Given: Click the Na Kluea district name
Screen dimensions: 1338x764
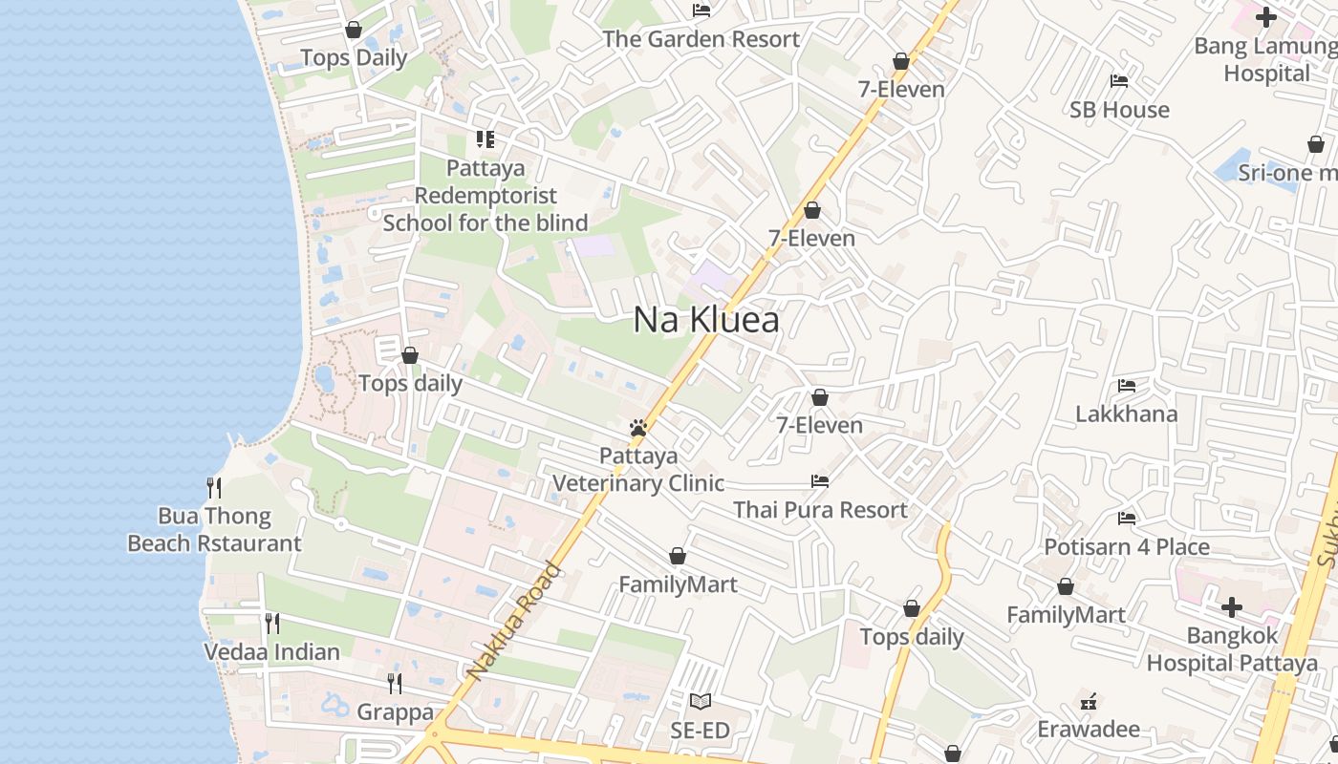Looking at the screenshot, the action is pos(706,320).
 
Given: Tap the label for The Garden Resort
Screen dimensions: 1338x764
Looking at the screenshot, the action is pos(701,39).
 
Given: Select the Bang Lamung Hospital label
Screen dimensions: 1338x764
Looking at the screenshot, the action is pos(1265,59).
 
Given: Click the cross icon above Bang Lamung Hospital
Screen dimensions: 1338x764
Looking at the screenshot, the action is pos(1266,17).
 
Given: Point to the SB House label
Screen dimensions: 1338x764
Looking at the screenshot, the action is pos(1119,110).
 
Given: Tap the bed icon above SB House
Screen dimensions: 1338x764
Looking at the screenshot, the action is pos(1119,81).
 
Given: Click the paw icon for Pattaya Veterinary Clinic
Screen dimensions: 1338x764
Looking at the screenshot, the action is pos(638,428).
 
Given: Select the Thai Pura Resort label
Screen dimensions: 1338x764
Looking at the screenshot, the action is pos(820,510).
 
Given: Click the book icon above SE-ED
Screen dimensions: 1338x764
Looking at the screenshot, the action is pos(701,702).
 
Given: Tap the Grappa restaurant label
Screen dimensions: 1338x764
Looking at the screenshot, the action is pos(395,712).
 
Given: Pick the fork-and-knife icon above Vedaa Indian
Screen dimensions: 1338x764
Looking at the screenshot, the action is pos(272,624).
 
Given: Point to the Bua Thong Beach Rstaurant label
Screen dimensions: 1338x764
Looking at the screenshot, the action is pos(214,530).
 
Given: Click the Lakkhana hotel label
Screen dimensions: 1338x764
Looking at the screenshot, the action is pos(1126,414).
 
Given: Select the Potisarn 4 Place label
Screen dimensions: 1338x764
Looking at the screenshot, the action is pos(1127,547).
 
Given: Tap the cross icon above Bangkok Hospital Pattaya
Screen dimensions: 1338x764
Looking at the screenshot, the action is pos(1232,606).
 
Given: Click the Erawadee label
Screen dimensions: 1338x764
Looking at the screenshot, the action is pos(1089,730).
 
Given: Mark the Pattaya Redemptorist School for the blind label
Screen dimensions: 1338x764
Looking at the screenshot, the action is pos(486,196).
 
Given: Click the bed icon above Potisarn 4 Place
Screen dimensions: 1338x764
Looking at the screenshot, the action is pos(1127,519).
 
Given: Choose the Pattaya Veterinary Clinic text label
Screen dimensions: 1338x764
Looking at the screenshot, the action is pos(638,469).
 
